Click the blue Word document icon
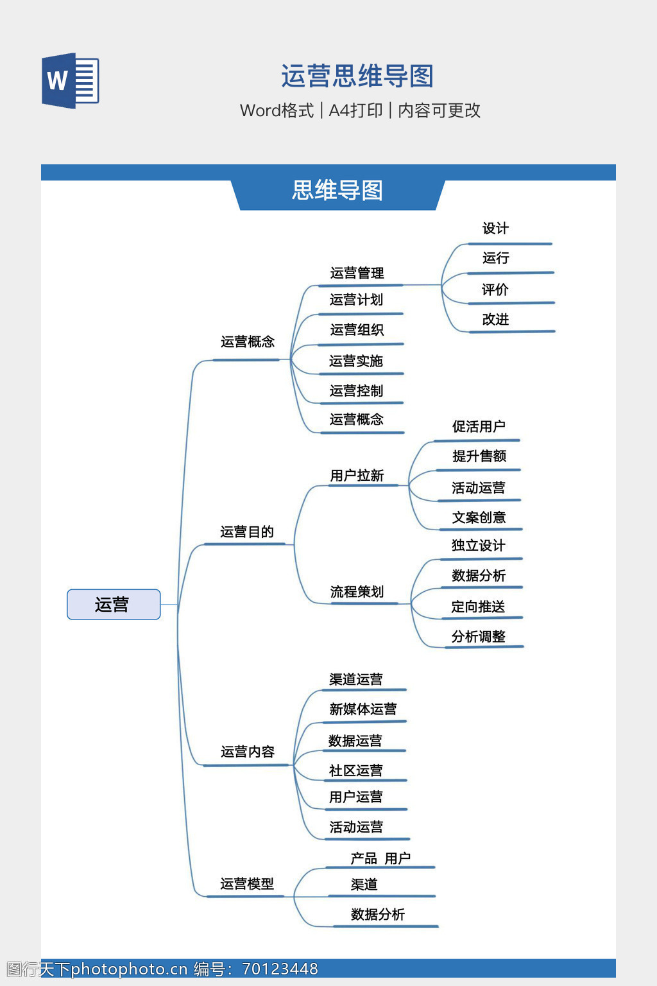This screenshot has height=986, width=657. [x=70, y=81]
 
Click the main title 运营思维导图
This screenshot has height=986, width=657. [x=357, y=76]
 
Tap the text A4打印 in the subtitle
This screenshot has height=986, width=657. [x=355, y=110]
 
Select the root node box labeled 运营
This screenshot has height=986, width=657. [x=114, y=604]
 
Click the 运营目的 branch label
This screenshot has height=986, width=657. [x=247, y=532]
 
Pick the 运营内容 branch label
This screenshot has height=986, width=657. [x=248, y=752]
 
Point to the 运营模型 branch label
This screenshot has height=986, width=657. [x=247, y=884]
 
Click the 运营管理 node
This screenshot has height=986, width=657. [x=357, y=273]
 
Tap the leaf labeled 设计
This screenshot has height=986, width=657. [x=495, y=229]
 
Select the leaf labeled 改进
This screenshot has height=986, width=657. [x=495, y=319]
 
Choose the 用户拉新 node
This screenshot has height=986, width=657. [x=357, y=476]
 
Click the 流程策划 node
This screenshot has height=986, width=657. [x=357, y=592]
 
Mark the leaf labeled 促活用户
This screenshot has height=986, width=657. [x=479, y=427]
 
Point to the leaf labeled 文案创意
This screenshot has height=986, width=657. [x=479, y=517]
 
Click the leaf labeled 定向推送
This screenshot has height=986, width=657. [x=478, y=607]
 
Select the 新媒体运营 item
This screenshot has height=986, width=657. [x=363, y=709]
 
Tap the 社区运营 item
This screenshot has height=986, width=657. [x=356, y=770]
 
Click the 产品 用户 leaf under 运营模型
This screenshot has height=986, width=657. [x=380, y=858]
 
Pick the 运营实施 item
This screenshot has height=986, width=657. [x=356, y=361]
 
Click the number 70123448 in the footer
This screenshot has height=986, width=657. [x=280, y=969]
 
